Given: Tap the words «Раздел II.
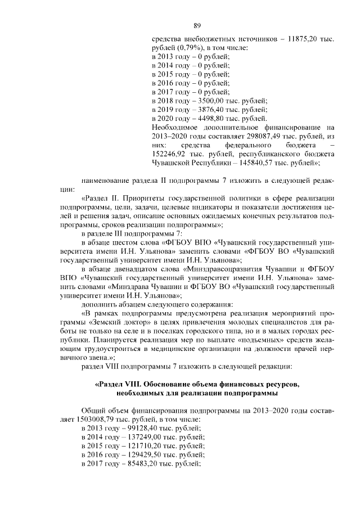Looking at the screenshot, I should [x=105, y=199].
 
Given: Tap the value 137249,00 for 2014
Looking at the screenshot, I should [x=138, y=437].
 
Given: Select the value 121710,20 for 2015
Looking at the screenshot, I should [x=138, y=446].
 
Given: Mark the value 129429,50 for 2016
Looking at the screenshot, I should [x=138, y=454].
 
